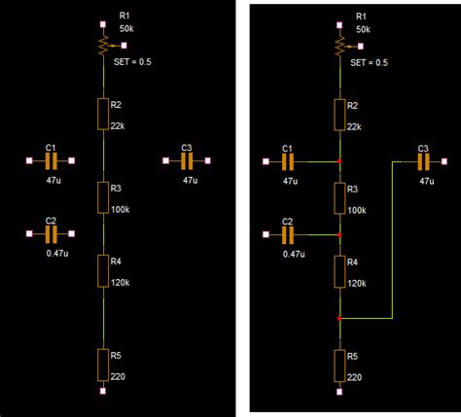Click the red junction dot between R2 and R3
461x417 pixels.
click(x=338, y=160)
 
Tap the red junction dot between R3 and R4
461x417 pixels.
click(x=338, y=234)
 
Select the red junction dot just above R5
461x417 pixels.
click(x=338, y=318)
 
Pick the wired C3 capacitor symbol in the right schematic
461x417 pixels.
click(x=423, y=160)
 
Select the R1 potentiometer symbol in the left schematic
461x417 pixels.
click(x=103, y=45)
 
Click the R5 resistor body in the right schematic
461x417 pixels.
click(x=338, y=365)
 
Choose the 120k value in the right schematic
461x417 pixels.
click(x=357, y=282)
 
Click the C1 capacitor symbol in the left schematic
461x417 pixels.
click(x=52, y=160)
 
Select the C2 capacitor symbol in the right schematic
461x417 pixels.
click(x=287, y=234)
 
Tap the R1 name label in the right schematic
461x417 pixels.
click(x=361, y=17)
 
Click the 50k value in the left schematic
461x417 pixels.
click(x=127, y=29)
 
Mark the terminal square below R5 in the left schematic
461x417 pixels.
click(x=103, y=392)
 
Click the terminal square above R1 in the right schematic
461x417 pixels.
click(x=338, y=23)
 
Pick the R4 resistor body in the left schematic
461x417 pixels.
click(x=103, y=269)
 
